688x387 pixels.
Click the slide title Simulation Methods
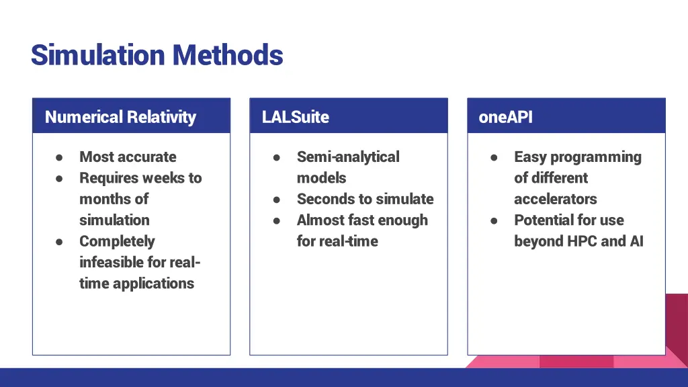click(x=157, y=54)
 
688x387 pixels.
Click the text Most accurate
click(x=128, y=157)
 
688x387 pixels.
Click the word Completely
click(x=117, y=241)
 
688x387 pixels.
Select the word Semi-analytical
click(x=348, y=157)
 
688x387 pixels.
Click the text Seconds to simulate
click(x=365, y=199)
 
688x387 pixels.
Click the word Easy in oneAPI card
click(x=530, y=157)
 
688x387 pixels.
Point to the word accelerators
click(x=555, y=199)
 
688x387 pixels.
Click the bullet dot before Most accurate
click(x=59, y=157)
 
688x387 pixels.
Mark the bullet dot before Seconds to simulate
click(x=276, y=200)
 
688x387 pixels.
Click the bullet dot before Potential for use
click(x=494, y=220)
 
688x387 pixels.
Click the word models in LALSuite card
click(x=321, y=178)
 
